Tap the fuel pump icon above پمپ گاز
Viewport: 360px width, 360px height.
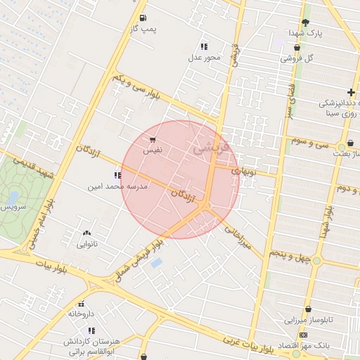[x=143, y=18]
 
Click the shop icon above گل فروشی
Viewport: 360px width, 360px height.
[x=297, y=48]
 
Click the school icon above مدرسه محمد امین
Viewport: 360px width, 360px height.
[x=117, y=176]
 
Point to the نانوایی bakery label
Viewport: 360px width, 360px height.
[x=86, y=245]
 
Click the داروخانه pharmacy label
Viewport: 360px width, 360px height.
[x=82, y=314]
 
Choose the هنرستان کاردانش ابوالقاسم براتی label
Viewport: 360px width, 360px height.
[x=91, y=345]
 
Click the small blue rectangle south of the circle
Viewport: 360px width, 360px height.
[x=156, y=263]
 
